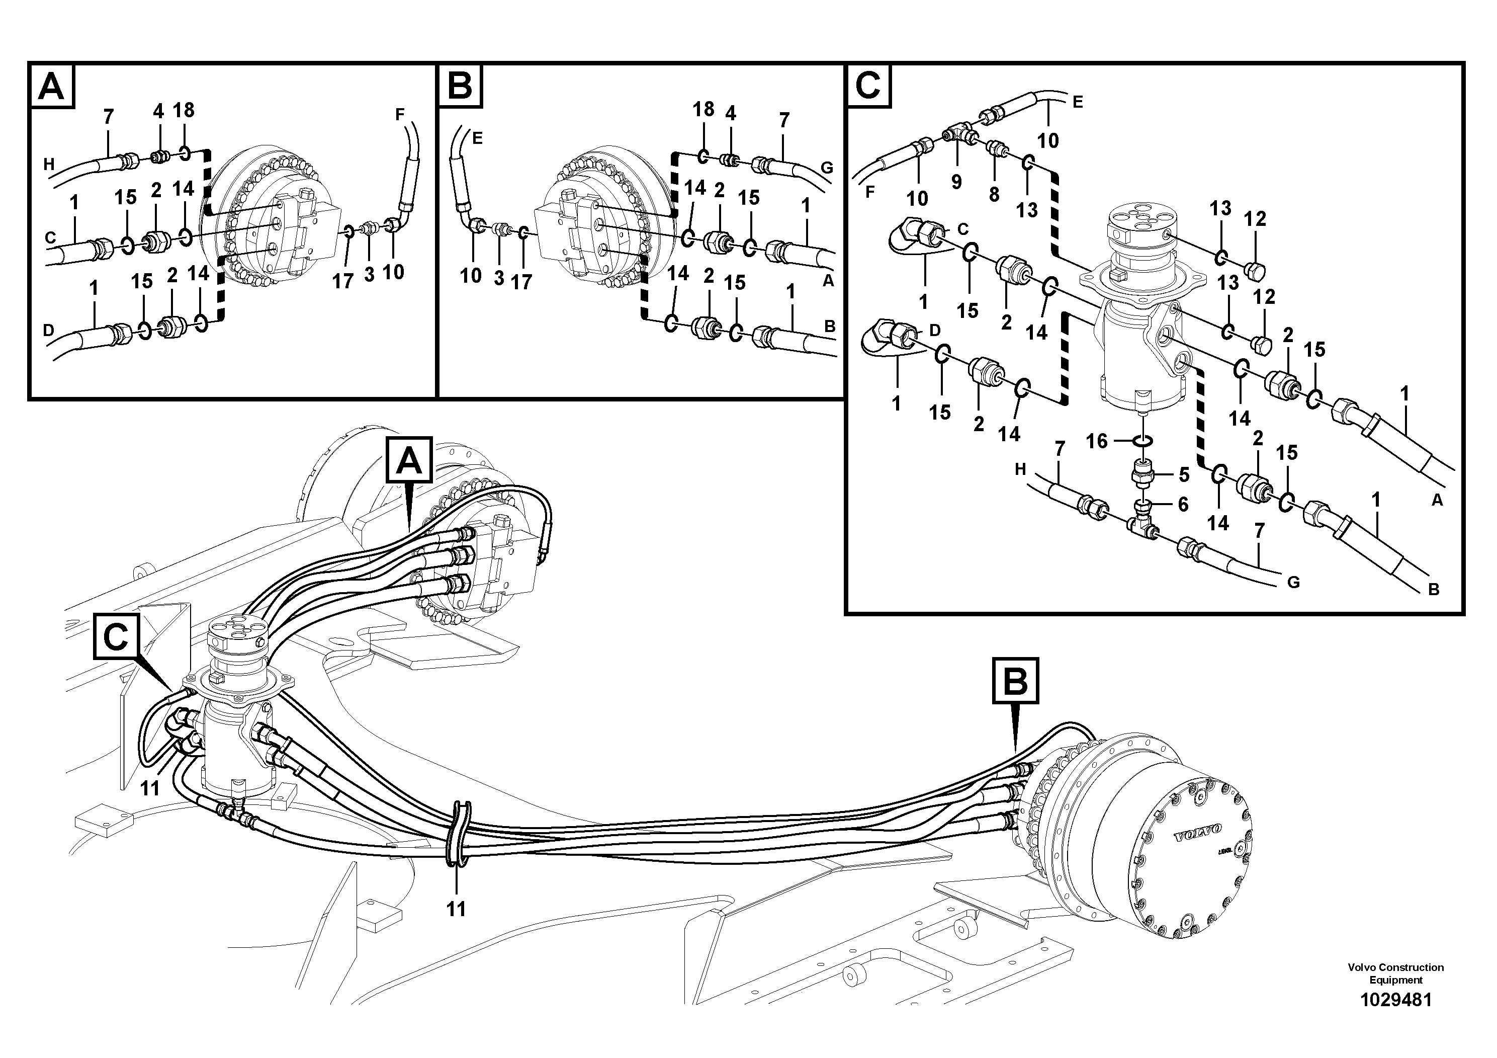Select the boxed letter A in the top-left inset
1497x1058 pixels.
[51, 86]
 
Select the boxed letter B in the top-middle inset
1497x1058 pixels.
[460, 86]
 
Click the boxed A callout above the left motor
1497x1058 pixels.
[409, 460]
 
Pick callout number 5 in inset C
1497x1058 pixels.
[1184, 475]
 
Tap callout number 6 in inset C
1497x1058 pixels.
[1183, 504]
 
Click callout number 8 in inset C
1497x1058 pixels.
[994, 194]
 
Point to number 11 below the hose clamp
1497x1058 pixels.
[457, 909]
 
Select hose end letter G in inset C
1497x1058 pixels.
[1293, 583]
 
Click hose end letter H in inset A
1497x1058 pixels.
[49, 165]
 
